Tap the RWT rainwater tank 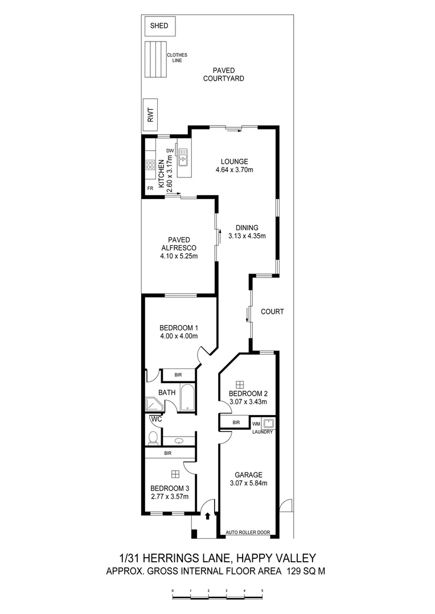[151, 117]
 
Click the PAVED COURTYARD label [224, 74]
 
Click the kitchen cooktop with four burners [150, 165]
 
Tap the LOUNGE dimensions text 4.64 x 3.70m [234, 170]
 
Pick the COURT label [272, 312]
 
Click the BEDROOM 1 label [179, 328]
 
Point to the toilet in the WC [152, 438]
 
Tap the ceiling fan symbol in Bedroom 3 [175, 474]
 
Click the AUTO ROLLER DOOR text [248, 533]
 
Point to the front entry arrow [207, 516]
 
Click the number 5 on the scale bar [262, 591]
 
